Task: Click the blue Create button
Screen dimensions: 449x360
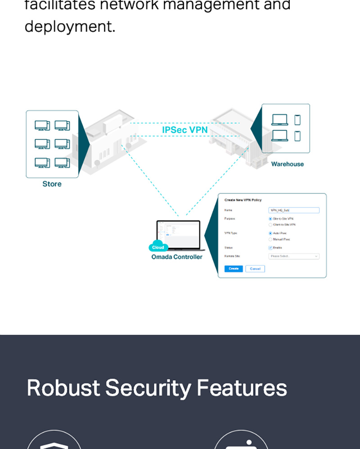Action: (234, 269)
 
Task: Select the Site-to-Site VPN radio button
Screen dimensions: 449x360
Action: (270, 218)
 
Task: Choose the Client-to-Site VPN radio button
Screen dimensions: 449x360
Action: (270, 224)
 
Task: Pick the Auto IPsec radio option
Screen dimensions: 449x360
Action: (270, 233)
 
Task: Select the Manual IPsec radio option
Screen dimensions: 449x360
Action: (270, 239)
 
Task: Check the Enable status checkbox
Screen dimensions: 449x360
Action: (270, 248)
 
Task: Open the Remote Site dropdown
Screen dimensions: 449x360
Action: (294, 256)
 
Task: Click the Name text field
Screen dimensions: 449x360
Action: (294, 210)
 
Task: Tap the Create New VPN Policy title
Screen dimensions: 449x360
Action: (243, 200)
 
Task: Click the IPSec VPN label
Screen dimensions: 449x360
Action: (185, 130)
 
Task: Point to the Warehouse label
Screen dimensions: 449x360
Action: (287, 164)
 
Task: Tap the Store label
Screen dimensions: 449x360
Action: (52, 184)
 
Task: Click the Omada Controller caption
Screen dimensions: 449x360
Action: (177, 257)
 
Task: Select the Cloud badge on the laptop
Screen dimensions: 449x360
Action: (158, 247)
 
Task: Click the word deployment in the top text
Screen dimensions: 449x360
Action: (70, 26)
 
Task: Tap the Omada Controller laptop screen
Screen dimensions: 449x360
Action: (179, 234)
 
